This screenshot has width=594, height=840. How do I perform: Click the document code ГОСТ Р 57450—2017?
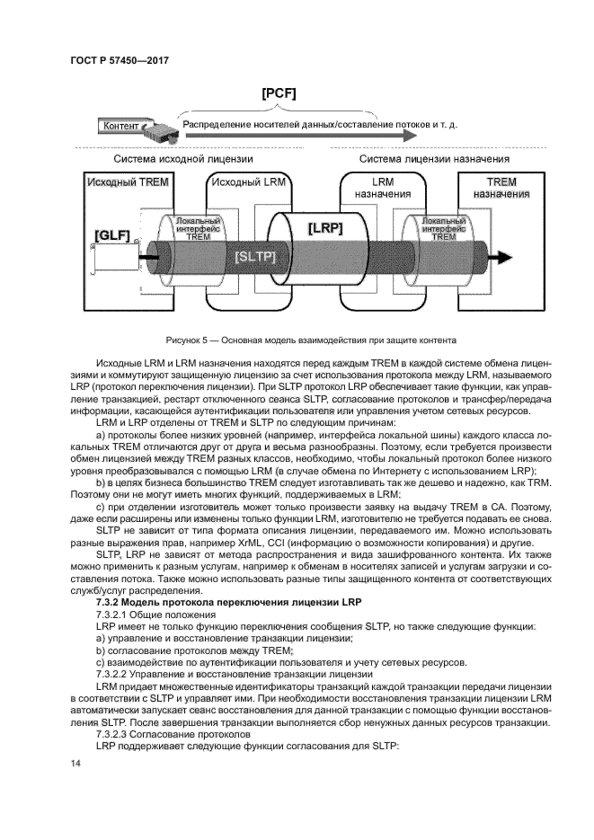[119, 60]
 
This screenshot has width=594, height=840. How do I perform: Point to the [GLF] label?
[112, 237]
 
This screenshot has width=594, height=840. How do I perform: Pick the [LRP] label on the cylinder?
[326, 228]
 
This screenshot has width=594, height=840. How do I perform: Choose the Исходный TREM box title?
[127, 182]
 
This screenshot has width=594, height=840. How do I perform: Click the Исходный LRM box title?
[245, 182]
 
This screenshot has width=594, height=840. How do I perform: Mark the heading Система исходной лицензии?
[183, 159]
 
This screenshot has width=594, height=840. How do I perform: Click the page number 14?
[75, 763]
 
